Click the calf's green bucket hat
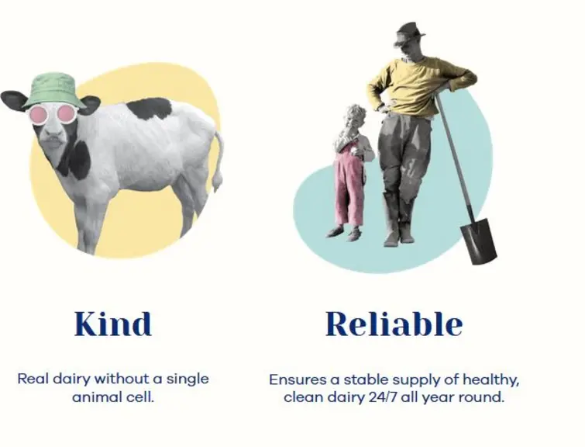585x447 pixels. tap(54, 91)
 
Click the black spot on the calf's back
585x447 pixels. tap(150, 109)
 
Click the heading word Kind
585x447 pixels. tap(113, 324)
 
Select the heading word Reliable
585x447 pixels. tap(394, 324)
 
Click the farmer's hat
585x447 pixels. tap(409, 33)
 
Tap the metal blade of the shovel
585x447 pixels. tap(479, 241)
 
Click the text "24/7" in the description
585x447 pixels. tap(384, 397)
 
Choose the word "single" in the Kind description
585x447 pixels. tap(188, 379)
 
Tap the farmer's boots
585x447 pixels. tap(399, 220)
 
